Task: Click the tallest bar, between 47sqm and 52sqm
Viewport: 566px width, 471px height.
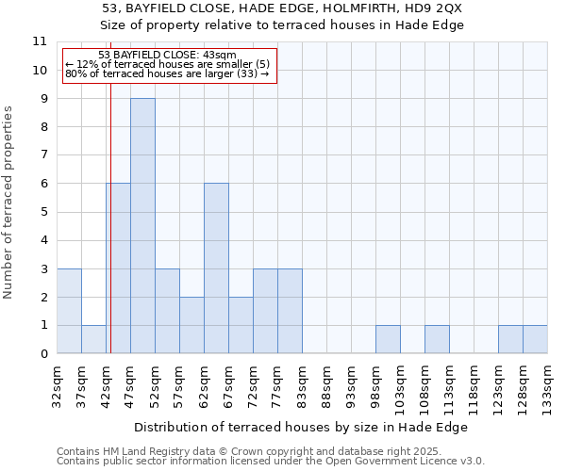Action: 142,226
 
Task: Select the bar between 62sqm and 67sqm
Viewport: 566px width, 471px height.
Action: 216,268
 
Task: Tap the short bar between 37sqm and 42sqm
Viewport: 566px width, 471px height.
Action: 93,339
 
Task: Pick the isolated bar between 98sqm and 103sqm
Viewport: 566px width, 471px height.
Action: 388,339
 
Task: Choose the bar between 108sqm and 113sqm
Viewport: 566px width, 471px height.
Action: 437,339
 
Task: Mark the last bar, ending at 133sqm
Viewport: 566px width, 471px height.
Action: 535,339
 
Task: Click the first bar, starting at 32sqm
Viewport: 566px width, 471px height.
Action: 69,311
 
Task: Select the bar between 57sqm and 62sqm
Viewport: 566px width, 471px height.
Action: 191,325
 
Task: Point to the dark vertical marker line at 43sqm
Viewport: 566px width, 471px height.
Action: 110,235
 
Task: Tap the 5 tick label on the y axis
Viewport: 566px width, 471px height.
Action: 42,212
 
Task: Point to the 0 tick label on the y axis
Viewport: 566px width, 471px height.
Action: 42,354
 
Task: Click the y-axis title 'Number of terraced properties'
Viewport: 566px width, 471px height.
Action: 8,203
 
